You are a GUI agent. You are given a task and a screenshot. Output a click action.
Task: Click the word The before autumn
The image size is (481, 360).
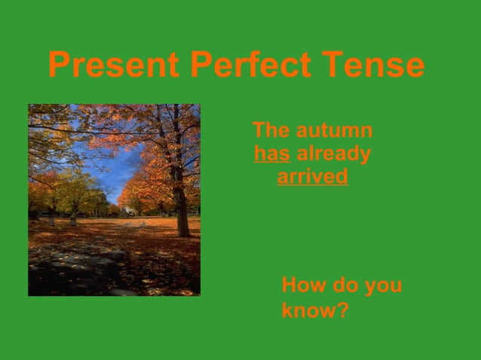click(x=271, y=130)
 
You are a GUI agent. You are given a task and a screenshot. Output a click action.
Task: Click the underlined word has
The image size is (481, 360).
click(x=272, y=154)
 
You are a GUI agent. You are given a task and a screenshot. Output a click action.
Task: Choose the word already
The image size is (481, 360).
click(x=334, y=154)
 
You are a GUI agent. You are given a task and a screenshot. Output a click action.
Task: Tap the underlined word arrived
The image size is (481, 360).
click(x=312, y=178)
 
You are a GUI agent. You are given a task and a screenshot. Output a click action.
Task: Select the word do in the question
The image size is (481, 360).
click(x=345, y=286)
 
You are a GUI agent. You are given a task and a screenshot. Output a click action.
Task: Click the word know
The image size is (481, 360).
click(x=309, y=310)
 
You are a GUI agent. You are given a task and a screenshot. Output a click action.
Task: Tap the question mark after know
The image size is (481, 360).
click(x=343, y=310)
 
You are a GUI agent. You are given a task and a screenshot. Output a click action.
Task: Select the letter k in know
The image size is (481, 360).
click(x=287, y=310)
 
